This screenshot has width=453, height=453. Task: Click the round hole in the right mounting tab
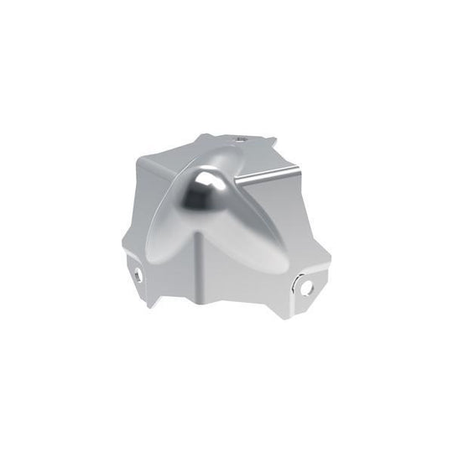[307, 287]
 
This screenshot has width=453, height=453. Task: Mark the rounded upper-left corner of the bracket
[143, 161]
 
